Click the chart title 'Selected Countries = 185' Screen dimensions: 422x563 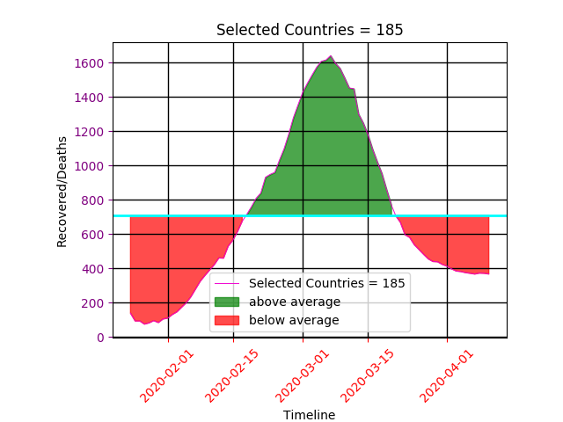pyautogui.click(x=310, y=30)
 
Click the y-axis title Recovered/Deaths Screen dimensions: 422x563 pyautogui.click(x=62, y=191)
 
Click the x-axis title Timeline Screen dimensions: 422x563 pyautogui.click(x=309, y=415)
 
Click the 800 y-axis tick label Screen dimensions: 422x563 pyautogui.click(x=96, y=200)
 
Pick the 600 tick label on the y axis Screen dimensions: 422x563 pyautogui.click(x=96, y=235)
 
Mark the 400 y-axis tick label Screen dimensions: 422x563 pyautogui.click(x=96, y=269)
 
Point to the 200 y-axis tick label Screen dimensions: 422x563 pyautogui.click(x=96, y=303)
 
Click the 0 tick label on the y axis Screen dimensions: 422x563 pyautogui.click(x=102, y=338)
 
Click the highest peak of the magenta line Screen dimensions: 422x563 pyautogui.click(x=331, y=56)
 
